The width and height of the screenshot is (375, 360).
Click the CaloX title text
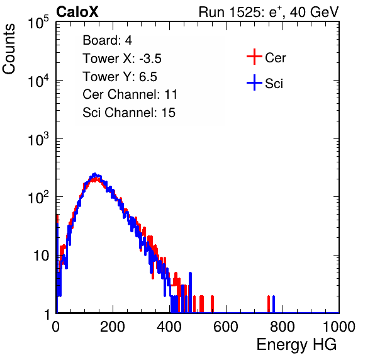tap(77, 12)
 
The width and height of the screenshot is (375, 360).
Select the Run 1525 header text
tap(269, 12)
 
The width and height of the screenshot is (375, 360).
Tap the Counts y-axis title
tap(9, 49)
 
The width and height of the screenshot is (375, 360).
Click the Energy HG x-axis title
tap(296, 345)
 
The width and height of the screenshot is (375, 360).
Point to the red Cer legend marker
tap(254, 57)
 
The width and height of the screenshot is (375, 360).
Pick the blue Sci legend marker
tap(254, 83)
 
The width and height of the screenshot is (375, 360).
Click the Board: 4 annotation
tap(107, 40)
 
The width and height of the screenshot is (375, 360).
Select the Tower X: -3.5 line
tap(122, 59)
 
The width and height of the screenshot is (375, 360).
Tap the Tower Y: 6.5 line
tap(120, 77)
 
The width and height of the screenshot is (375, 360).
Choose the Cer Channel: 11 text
tap(130, 94)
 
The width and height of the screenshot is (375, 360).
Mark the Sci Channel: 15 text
tap(129, 113)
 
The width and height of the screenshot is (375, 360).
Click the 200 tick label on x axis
tap(113, 327)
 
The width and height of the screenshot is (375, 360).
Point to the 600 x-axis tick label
tap(225, 327)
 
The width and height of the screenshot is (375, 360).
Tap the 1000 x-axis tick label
tap(339, 327)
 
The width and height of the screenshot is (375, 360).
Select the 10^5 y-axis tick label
tap(38, 23)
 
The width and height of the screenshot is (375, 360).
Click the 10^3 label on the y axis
tap(38, 139)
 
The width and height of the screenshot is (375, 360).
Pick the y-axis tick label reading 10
tap(41, 256)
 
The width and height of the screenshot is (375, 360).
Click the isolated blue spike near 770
tap(274, 304)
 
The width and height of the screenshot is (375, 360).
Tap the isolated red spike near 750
tap(269, 304)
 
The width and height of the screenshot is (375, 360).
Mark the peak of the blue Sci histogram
tap(95, 174)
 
